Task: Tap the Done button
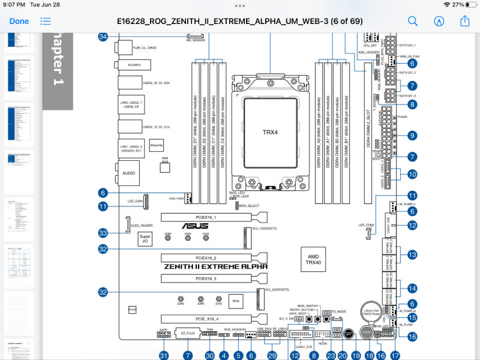tap(19, 21)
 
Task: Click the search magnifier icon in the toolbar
tap(413, 21)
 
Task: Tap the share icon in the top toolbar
tap(464, 20)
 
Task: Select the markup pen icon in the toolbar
tap(439, 21)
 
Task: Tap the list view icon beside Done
tap(46, 21)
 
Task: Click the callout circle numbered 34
tap(103, 37)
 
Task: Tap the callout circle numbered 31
tap(163, 355)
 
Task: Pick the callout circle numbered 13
tap(412, 255)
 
